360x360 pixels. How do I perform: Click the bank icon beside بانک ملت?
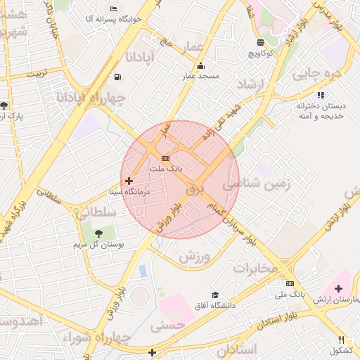click(165, 158)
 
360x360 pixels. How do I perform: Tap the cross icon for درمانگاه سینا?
click(128, 181)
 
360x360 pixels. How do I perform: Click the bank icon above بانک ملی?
click(290, 283)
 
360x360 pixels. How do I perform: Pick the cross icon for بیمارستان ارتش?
click(339, 288)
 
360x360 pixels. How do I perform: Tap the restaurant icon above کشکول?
click(342, 340)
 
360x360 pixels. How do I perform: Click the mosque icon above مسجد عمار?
click(200, 65)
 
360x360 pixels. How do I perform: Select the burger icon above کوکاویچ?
click(261, 42)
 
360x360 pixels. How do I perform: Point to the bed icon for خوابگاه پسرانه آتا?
click(114, 8)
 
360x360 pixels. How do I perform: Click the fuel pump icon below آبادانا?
click(116, 77)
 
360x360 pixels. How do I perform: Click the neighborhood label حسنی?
click(167, 324)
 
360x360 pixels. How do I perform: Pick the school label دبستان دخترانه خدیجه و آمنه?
click(324, 110)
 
